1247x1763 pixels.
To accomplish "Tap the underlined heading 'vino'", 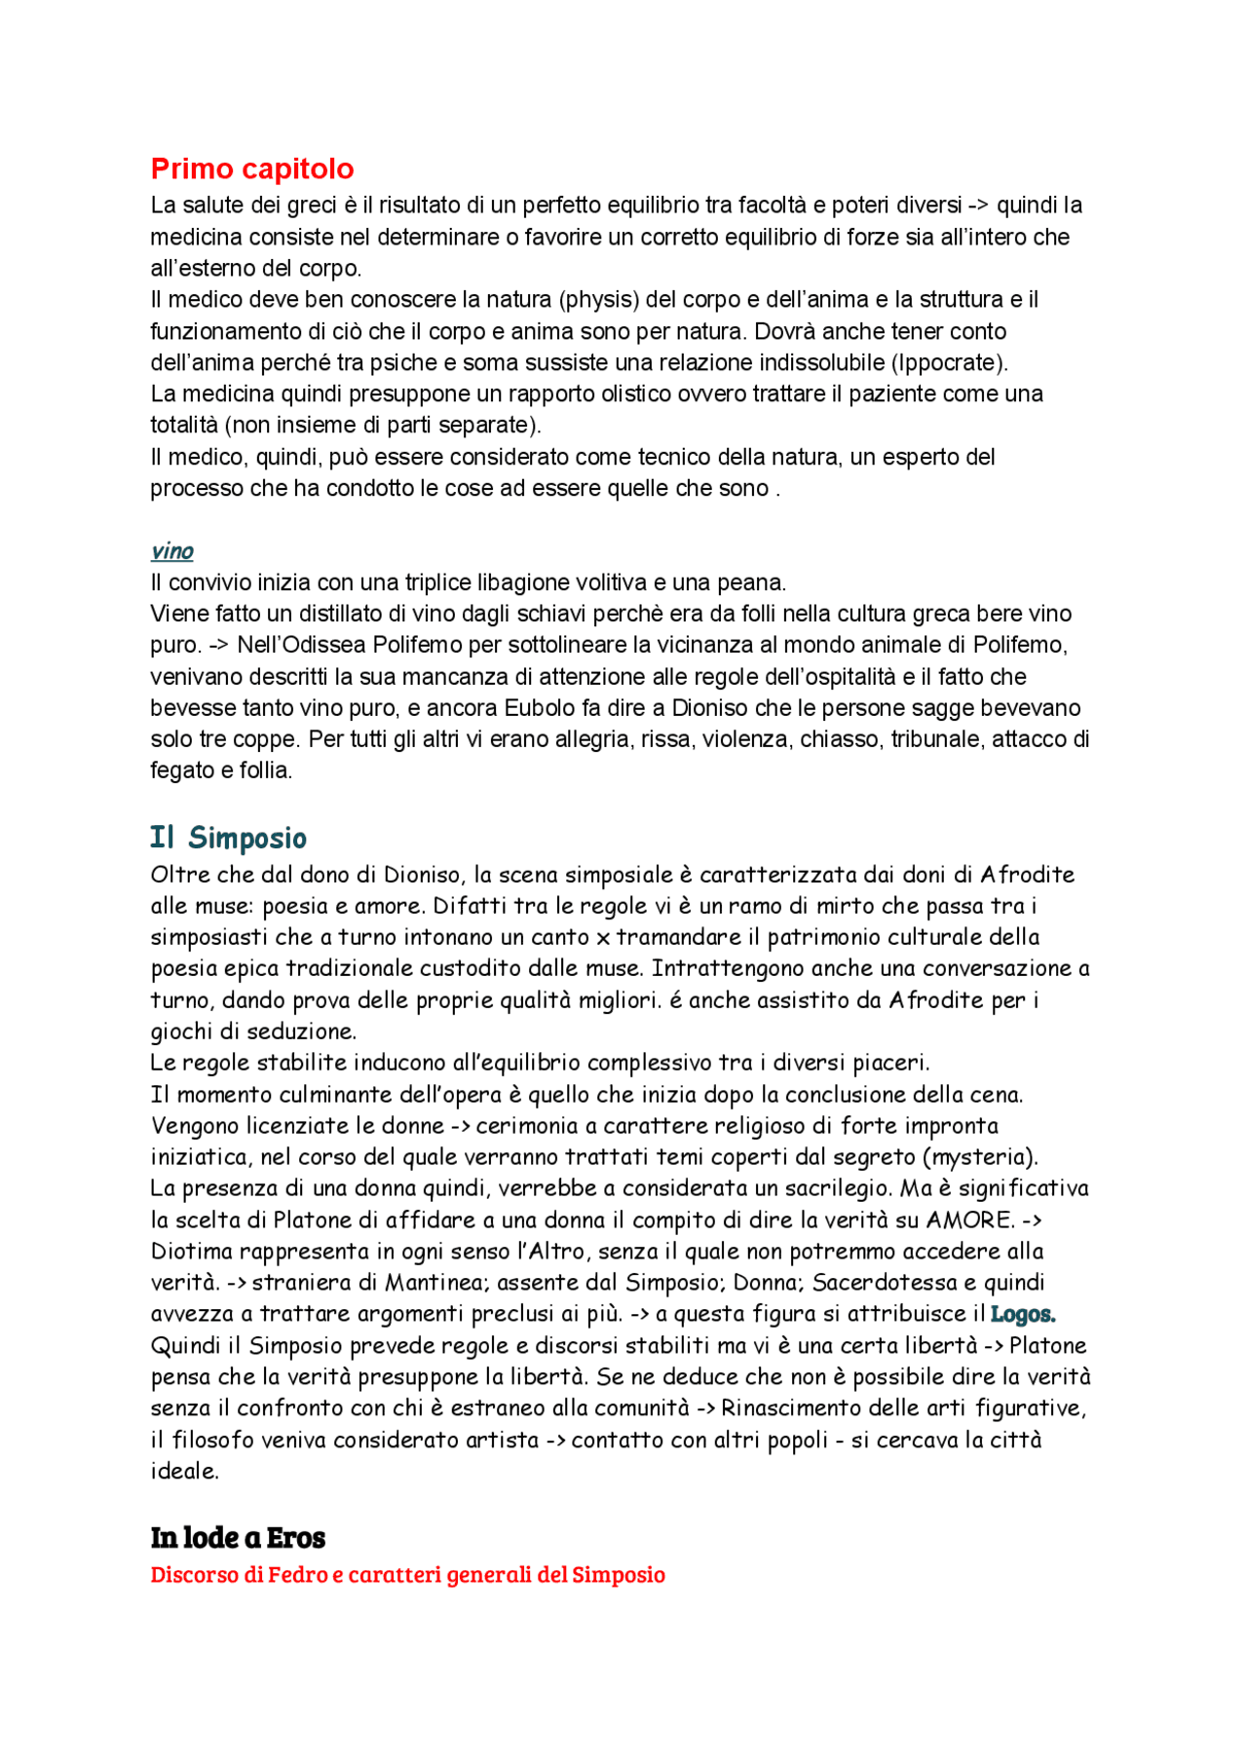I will (171, 551).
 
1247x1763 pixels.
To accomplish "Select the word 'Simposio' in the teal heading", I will (247, 838).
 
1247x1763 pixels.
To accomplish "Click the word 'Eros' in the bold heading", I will (296, 1538).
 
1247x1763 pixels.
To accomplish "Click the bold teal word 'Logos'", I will (1022, 1315).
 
